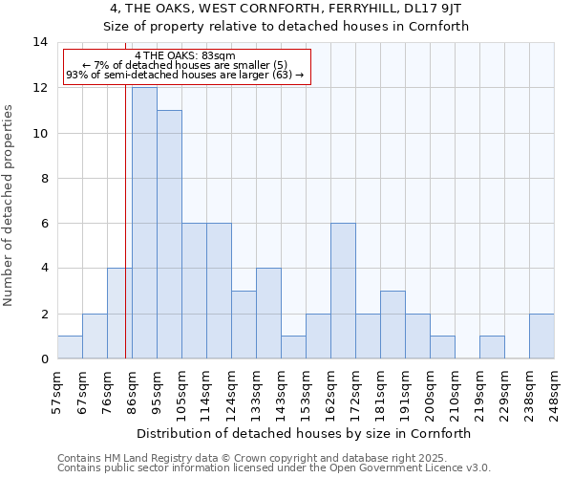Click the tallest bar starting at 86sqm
[x=144, y=223]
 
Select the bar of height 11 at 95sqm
[x=169, y=234]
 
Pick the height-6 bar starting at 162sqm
[x=343, y=291]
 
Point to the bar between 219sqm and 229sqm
[x=492, y=347]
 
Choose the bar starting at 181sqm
[x=393, y=324]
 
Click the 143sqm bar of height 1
[x=293, y=347]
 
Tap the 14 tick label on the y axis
[x=40, y=42]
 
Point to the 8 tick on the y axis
[x=43, y=178]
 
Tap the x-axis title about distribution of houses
[x=306, y=433]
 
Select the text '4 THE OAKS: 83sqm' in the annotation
[x=179, y=56]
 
